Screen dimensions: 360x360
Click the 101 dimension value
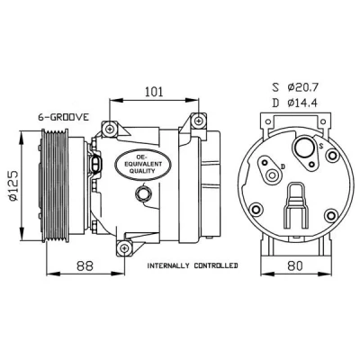[154, 92]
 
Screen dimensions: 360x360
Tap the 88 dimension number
[85, 265]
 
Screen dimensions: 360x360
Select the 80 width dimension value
[294, 265]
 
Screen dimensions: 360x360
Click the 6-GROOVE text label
[64, 117]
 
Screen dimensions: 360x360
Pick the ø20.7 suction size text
[302, 87]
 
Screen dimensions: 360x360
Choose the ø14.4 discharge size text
[302, 103]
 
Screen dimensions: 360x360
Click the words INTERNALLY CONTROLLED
[193, 265]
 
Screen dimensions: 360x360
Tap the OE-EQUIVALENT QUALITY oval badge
[143, 164]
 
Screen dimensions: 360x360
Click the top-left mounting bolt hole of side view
[110, 129]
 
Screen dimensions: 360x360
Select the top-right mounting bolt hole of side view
[199, 121]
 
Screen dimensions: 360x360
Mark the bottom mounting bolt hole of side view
[124, 247]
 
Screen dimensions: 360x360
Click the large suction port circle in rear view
[304, 148]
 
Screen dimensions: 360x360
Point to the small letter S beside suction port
[321, 146]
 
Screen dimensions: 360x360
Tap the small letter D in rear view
[283, 166]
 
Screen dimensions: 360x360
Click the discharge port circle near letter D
[273, 175]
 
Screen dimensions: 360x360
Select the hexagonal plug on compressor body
[142, 193]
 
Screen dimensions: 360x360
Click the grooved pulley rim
[54, 185]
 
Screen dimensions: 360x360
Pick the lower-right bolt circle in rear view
[331, 215]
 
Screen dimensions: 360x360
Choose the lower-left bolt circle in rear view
[256, 209]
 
